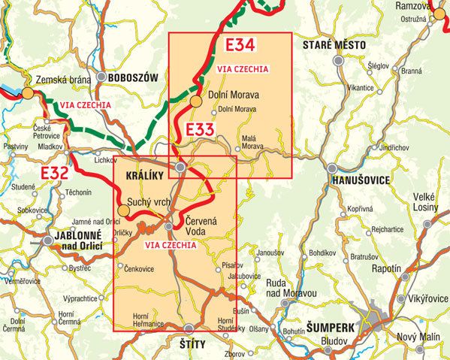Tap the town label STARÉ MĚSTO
tap(334, 46)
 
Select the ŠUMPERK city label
tap(331, 329)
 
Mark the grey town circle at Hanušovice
tap(331, 168)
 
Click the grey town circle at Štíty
tap(189, 328)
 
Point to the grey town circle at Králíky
tap(181, 168)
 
